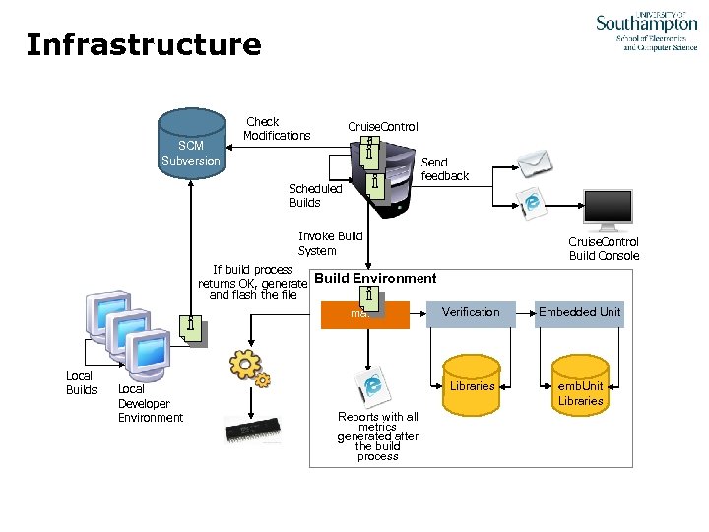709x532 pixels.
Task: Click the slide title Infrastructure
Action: (x=144, y=45)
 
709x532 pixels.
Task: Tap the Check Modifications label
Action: (x=277, y=129)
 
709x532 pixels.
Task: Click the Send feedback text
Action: (x=445, y=169)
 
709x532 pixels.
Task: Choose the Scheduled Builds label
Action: (x=315, y=195)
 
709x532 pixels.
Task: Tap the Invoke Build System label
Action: (x=330, y=243)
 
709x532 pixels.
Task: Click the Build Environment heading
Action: (x=375, y=278)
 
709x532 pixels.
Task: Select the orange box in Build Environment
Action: (x=366, y=314)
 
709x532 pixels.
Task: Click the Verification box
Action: (x=471, y=312)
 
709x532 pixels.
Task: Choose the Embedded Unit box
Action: (x=580, y=312)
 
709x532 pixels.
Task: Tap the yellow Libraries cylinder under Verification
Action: (x=472, y=384)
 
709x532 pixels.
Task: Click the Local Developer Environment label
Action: (x=150, y=403)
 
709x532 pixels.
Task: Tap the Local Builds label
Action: (x=81, y=383)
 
